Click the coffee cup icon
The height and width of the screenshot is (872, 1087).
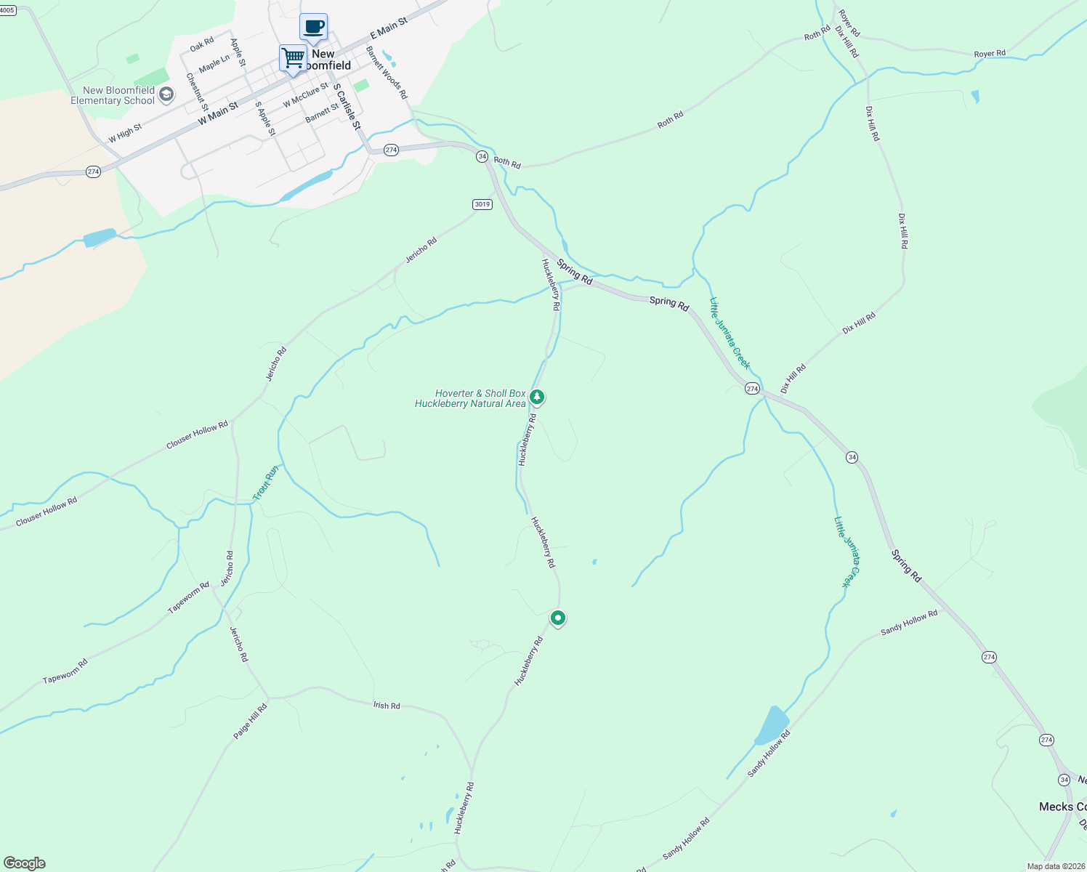tap(314, 28)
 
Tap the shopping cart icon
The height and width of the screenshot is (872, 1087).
tap(294, 57)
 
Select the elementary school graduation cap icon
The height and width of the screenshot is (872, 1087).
tap(166, 94)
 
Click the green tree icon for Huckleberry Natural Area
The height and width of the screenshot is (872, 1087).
tap(537, 397)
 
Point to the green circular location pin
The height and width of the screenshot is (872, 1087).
tap(557, 618)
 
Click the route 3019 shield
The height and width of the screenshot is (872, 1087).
tap(482, 204)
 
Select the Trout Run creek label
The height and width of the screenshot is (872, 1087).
tap(266, 483)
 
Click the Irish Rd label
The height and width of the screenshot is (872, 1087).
tap(387, 706)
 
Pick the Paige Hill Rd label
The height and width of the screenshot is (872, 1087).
tap(250, 722)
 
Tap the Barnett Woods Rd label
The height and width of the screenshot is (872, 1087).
tap(387, 73)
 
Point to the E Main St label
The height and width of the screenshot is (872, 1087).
tap(389, 29)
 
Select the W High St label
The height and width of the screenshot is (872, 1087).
tap(125, 134)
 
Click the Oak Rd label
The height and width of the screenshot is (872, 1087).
tap(202, 44)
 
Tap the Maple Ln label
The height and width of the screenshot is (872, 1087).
tap(214, 63)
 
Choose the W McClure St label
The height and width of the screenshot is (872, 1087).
tap(306, 95)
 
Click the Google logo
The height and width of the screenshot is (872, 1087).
tap(24, 863)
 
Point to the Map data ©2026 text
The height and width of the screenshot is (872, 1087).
tap(1055, 866)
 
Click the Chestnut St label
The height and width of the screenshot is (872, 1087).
tap(197, 92)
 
